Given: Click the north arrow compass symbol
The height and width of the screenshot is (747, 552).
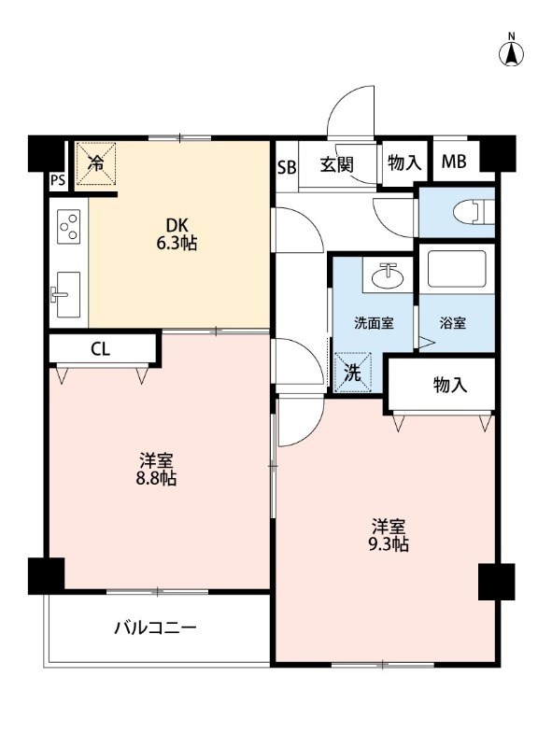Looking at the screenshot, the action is [511, 54].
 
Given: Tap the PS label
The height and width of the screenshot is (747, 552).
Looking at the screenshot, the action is [58, 180].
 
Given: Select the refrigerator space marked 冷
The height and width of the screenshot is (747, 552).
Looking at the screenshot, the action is [96, 163].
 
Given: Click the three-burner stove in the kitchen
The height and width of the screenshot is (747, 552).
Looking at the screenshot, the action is [69, 226].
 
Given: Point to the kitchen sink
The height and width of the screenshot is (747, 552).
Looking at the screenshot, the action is [66, 294].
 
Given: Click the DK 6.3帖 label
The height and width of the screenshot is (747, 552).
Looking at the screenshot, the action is [177, 233].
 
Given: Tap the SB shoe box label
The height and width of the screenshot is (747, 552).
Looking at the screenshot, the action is [287, 168].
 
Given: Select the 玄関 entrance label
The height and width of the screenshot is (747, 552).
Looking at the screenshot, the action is [336, 165].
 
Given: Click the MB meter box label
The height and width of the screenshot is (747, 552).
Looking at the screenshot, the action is [453, 162].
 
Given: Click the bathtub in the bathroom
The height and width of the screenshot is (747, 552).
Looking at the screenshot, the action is [457, 269].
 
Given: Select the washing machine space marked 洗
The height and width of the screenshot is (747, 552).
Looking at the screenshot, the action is [353, 372].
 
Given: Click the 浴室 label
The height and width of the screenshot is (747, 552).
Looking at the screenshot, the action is [452, 323].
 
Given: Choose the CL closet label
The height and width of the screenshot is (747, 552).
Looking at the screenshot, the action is [101, 349].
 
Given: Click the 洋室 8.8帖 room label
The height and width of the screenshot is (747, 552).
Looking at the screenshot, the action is [156, 470].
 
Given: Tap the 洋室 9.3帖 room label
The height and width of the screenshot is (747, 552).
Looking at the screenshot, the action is [389, 535].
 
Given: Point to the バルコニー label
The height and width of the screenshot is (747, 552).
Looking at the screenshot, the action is [155, 627].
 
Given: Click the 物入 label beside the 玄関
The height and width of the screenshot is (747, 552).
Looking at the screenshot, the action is [404, 162].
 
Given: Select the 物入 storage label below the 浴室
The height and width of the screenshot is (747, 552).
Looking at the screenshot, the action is [450, 385].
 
